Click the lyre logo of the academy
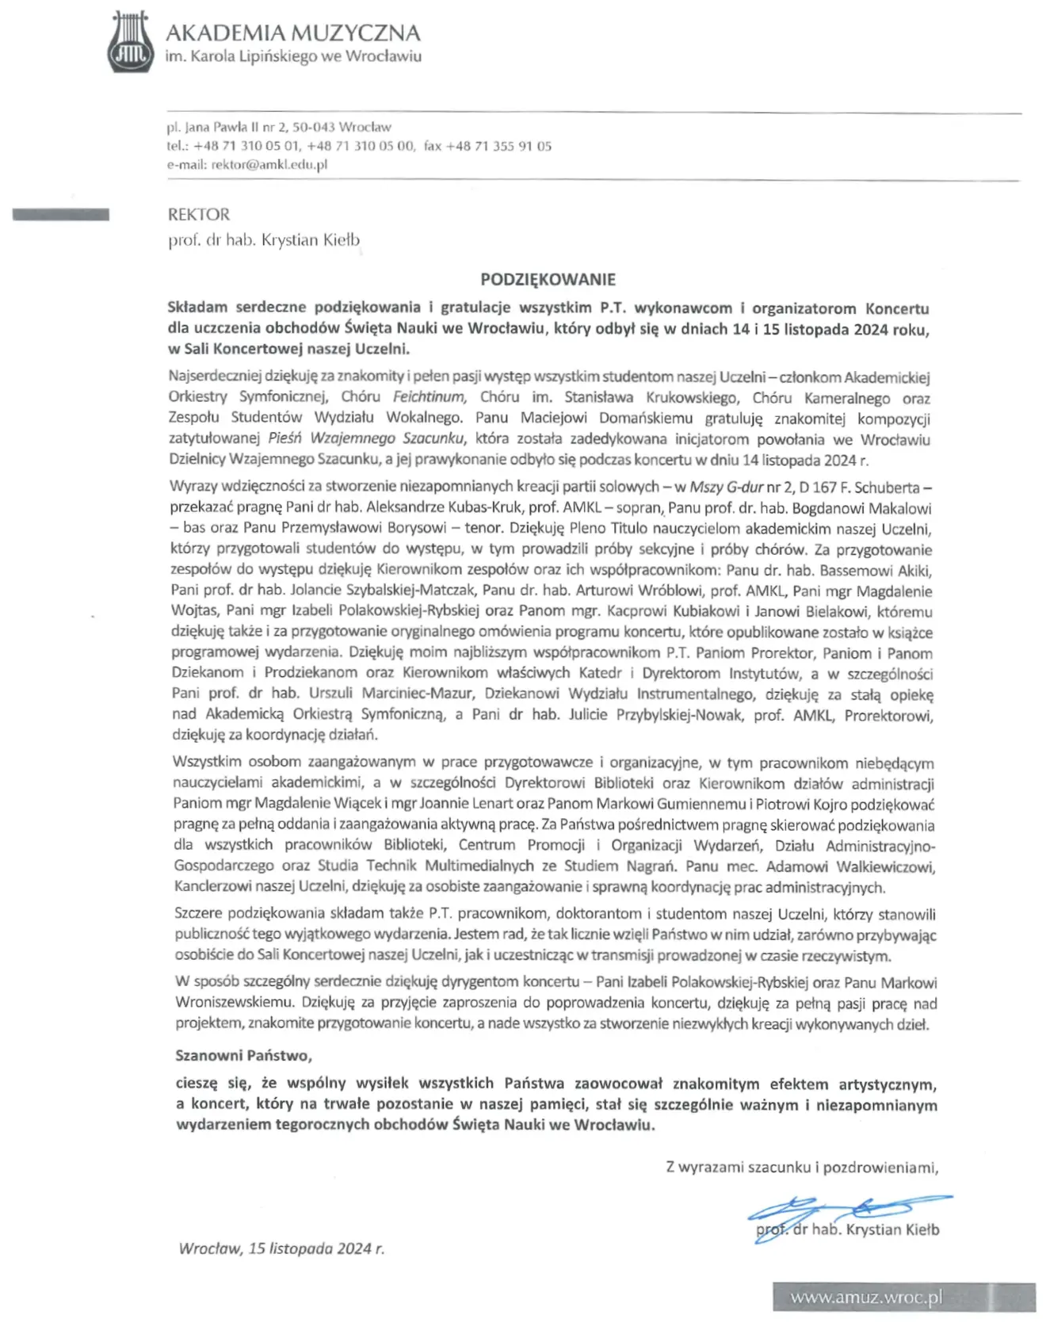(130, 42)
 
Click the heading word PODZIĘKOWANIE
(548, 279)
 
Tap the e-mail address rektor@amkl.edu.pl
(269, 165)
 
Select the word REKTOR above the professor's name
(199, 214)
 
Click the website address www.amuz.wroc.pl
(866, 1298)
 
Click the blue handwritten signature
(848, 1213)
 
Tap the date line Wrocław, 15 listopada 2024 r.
(281, 1248)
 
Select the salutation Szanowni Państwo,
(244, 1055)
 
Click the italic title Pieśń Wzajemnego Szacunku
(365, 438)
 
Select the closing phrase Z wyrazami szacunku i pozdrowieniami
(802, 1167)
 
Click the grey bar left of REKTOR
(61, 214)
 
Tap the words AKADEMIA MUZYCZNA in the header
(292, 33)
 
